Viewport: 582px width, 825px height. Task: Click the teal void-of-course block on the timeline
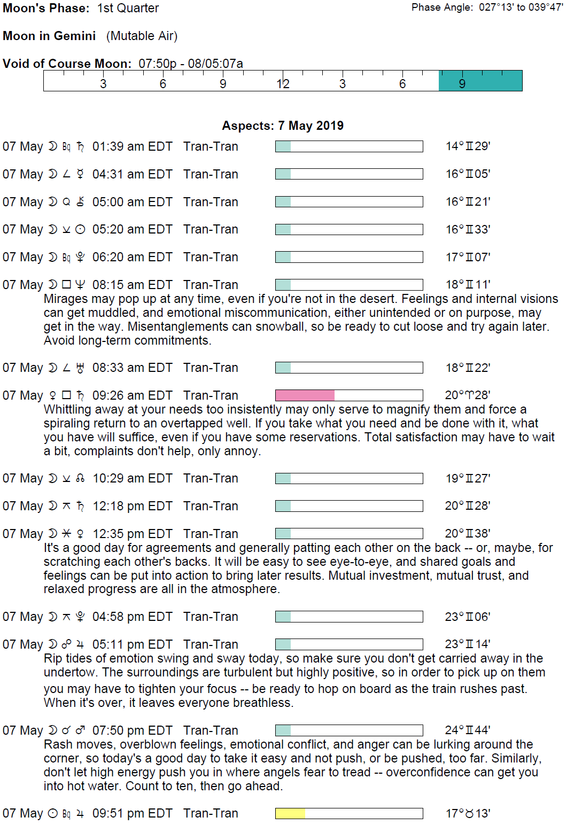tap(480, 81)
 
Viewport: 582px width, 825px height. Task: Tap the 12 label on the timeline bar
tap(283, 84)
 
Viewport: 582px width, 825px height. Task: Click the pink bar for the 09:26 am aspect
tap(305, 395)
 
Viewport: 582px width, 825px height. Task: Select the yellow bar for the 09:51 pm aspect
tap(290, 813)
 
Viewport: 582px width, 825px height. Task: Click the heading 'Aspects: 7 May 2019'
tap(283, 126)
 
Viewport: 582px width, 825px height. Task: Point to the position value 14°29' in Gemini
tap(468, 146)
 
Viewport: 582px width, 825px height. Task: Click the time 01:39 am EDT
tap(132, 146)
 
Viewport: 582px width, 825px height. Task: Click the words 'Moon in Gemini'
tap(49, 36)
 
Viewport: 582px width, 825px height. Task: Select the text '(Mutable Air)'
tap(142, 36)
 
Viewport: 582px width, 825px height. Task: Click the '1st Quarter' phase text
tap(128, 8)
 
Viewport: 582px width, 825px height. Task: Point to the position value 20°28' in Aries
tap(468, 395)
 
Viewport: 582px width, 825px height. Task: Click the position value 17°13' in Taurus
tap(468, 813)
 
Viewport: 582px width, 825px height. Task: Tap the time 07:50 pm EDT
tap(132, 730)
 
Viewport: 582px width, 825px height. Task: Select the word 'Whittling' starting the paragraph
tap(69, 409)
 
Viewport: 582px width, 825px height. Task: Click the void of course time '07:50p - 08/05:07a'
tap(191, 64)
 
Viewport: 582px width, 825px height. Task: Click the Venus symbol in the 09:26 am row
tap(53, 395)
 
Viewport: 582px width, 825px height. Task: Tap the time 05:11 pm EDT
tap(132, 644)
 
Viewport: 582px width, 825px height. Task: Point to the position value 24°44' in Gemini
tap(468, 730)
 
